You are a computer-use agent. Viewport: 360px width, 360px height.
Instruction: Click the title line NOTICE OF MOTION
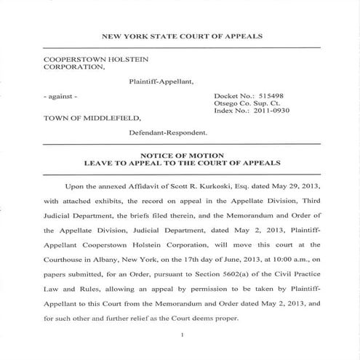pos(180,156)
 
